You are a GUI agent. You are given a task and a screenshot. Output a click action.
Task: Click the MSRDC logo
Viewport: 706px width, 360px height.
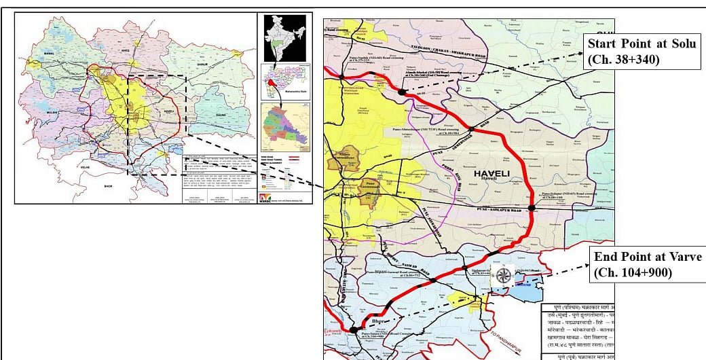pyautogui.click(x=265, y=198)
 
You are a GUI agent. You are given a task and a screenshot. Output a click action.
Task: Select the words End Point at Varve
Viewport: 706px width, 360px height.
pyautogui.click(x=647, y=257)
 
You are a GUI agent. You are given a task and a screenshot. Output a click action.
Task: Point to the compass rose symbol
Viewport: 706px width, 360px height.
pyautogui.click(x=503, y=275)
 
